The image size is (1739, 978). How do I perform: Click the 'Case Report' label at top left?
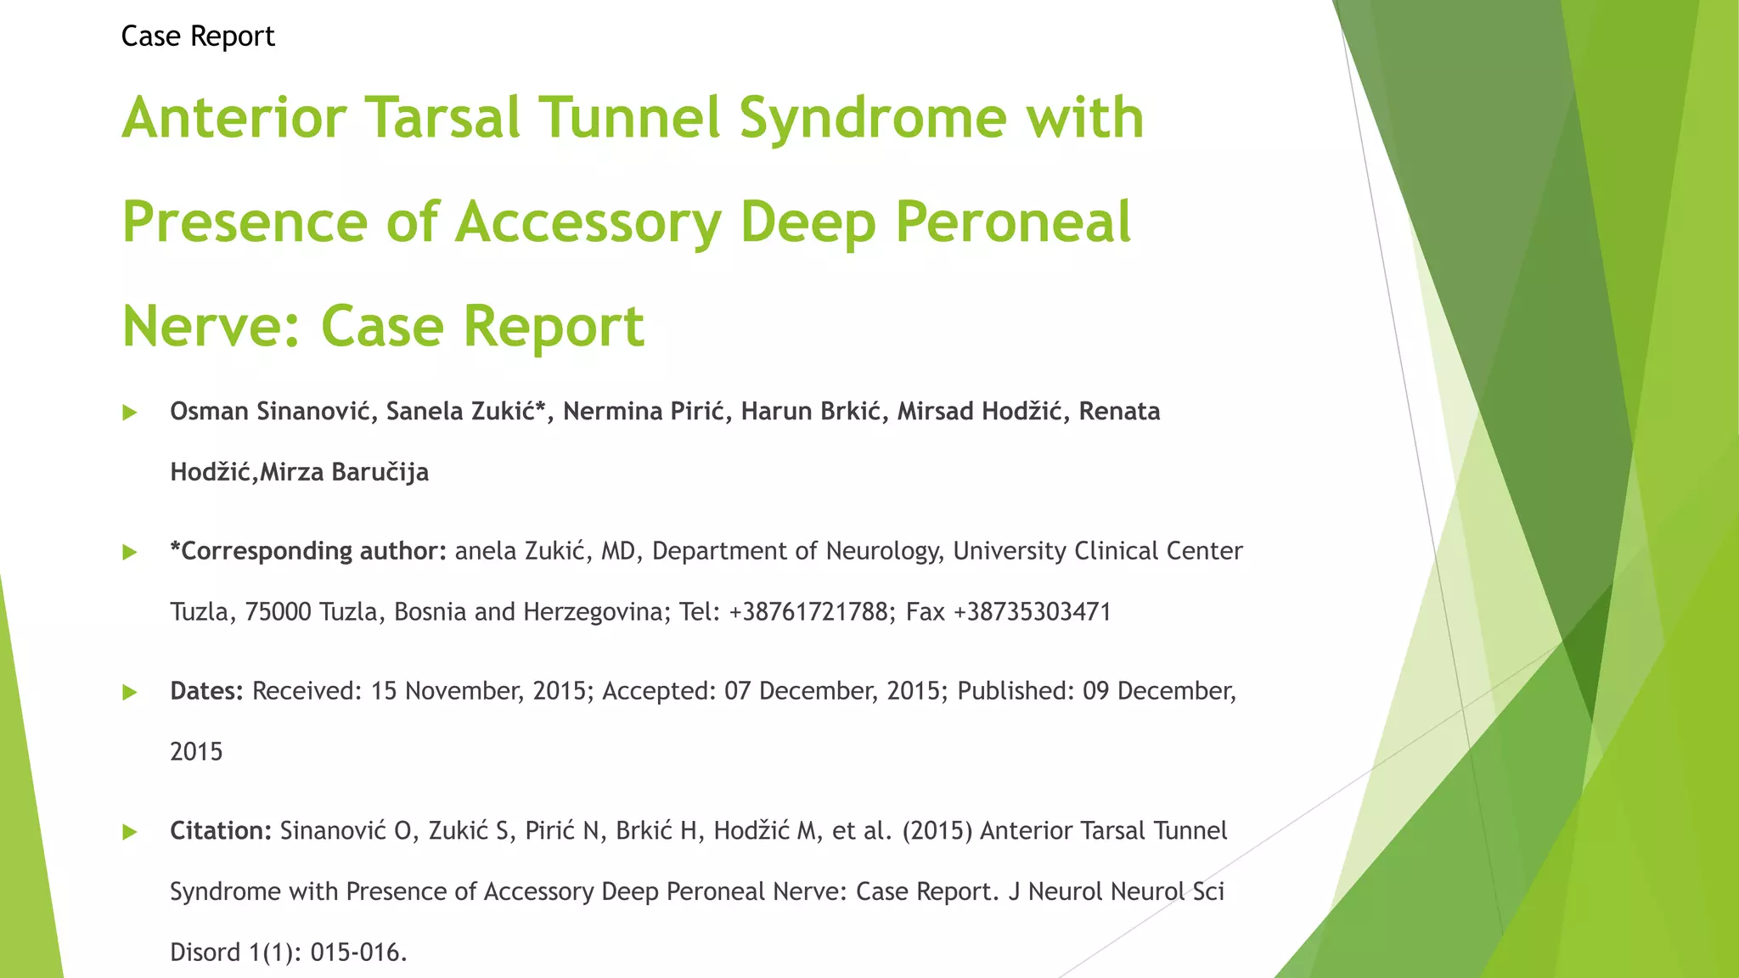pos(198,37)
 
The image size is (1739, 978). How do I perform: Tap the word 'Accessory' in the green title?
pos(588,222)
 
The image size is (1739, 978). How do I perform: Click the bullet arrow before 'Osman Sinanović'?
pos(130,413)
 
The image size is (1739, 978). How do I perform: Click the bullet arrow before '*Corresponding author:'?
pos(130,553)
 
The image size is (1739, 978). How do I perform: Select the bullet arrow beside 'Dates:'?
pos(130,693)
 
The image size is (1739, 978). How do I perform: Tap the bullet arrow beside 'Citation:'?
pos(130,832)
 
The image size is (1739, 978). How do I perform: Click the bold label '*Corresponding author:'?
pos(308,552)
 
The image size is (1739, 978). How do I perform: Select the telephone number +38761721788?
pos(808,612)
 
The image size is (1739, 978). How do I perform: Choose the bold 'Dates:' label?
pos(206,691)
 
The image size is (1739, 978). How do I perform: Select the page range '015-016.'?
pos(358,953)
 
